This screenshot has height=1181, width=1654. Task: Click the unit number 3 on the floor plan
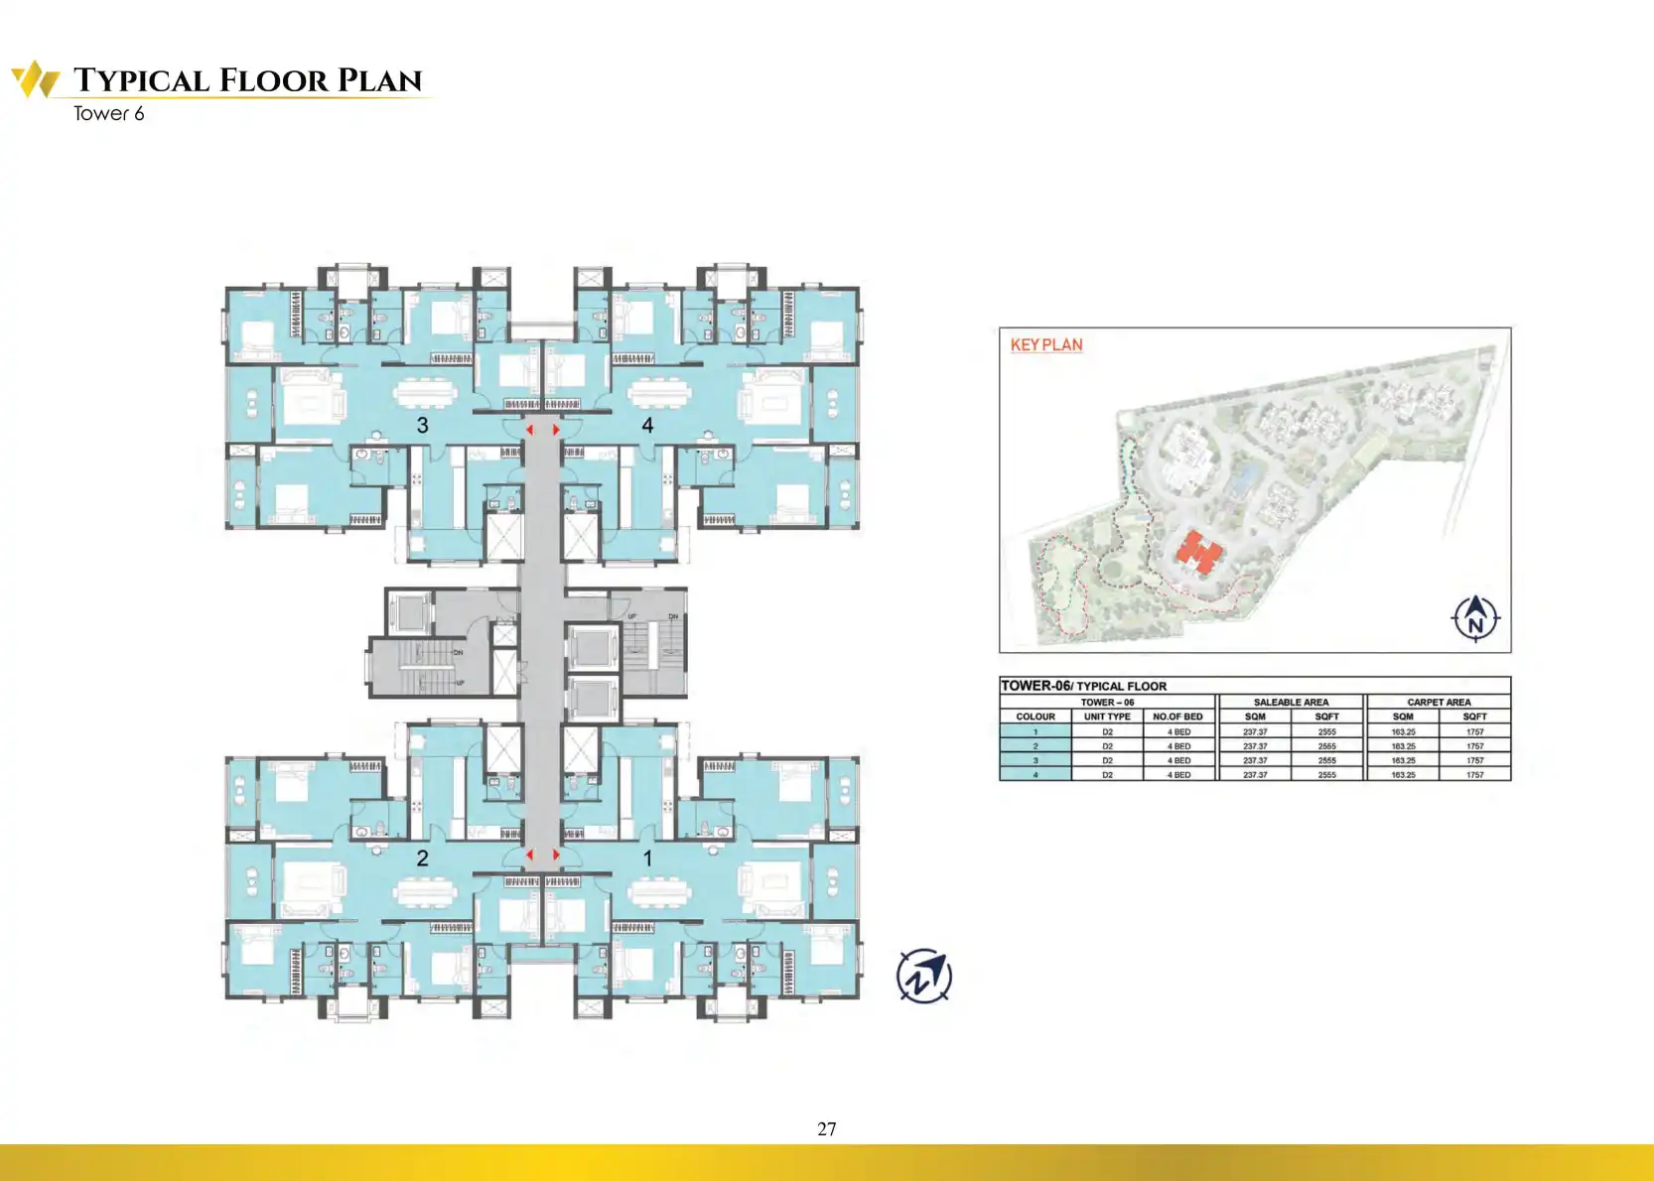coord(423,426)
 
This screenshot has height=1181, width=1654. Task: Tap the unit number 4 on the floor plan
coord(647,426)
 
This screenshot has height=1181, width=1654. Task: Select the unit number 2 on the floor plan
coord(423,858)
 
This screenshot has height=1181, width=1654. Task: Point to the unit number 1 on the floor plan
coord(647,858)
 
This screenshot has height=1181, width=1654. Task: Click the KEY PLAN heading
coord(1046,345)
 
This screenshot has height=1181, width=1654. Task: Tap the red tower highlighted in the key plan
coord(1199,553)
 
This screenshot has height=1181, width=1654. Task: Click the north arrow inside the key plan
coord(1475,618)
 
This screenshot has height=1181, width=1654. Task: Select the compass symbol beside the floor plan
coord(924,977)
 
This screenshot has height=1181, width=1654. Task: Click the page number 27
coord(827,1129)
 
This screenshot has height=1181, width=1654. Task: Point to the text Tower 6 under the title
coord(109,114)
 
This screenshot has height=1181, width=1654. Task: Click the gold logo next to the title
coord(36,79)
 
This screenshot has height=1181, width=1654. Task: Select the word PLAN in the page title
coord(380,80)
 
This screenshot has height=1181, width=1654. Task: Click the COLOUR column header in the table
coord(1035,717)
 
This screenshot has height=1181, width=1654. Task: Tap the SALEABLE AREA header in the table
coord(1291,702)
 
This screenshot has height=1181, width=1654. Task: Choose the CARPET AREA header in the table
coord(1439,702)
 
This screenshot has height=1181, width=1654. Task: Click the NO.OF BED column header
coord(1177,717)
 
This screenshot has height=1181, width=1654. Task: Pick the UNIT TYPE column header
coord(1107,717)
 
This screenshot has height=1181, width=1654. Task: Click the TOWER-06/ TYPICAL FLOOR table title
coord(1083,686)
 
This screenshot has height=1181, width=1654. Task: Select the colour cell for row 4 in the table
coord(1035,775)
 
